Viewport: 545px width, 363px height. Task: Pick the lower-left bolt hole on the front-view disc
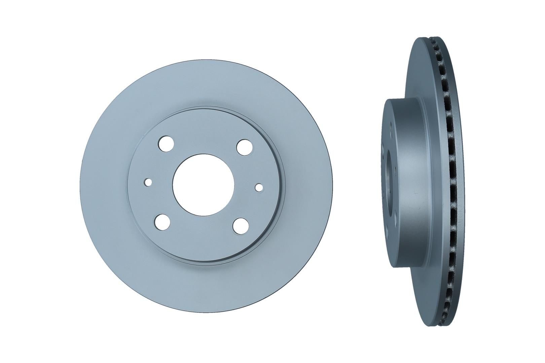coord(162,221)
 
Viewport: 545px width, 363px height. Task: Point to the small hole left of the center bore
coord(148,182)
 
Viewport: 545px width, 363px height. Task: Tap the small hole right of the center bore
coord(259,187)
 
